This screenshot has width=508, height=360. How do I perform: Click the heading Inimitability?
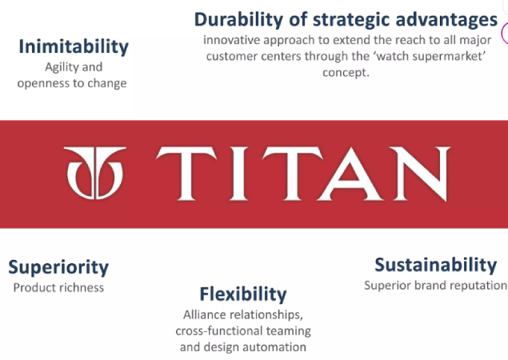[74, 46]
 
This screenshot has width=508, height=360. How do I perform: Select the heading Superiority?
[58, 267]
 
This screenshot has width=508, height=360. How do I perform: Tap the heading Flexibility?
[242, 293]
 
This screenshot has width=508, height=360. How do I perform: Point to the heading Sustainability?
[435, 264]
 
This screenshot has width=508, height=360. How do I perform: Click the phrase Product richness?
[58, 287]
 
